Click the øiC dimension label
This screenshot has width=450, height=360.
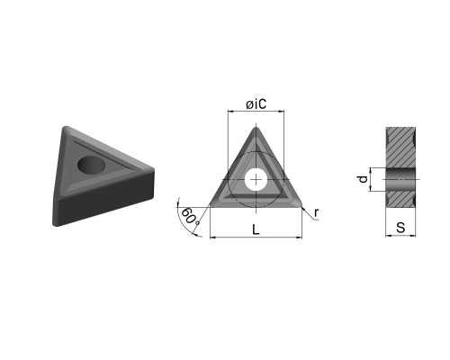click(256, 104)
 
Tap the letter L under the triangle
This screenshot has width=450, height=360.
click(256, 229)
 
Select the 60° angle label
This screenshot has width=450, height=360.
click(190, 216)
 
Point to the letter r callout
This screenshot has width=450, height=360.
click(316, 213)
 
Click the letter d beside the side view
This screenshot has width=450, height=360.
click(364, 179)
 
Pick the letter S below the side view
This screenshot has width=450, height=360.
click(400, 228)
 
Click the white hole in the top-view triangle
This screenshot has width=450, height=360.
click(256, 180)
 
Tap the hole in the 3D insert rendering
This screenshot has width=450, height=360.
click(91, 165)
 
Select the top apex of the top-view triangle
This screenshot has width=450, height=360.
click(256, 127)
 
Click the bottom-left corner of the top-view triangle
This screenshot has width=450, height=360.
click(211, 205)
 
